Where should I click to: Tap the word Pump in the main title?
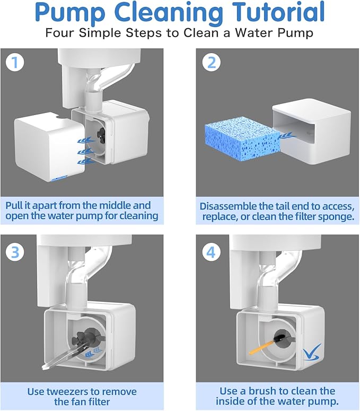(70, 13)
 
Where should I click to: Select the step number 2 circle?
(211, 63)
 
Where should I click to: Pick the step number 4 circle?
(211, 251)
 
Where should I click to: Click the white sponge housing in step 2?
(313, 130)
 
